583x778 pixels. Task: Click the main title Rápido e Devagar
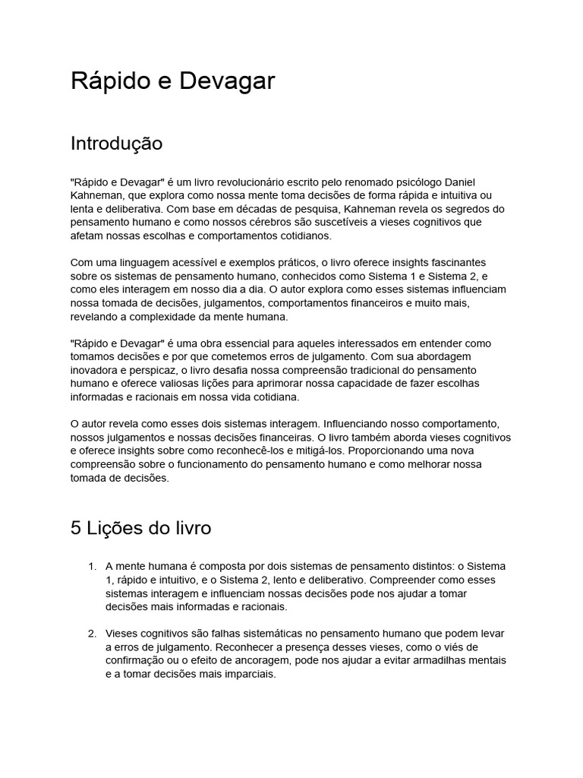pyautogui.click(x=172, y=81)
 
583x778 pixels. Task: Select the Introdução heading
pyautogui.click(x=116, y=143)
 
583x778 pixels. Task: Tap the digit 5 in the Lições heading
pyautogui.click(x=76, y=529)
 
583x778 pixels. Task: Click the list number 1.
pyautogui.click(x=92, y=566)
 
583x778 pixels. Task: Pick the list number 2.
pyautogui.click(x=92, y=633)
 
